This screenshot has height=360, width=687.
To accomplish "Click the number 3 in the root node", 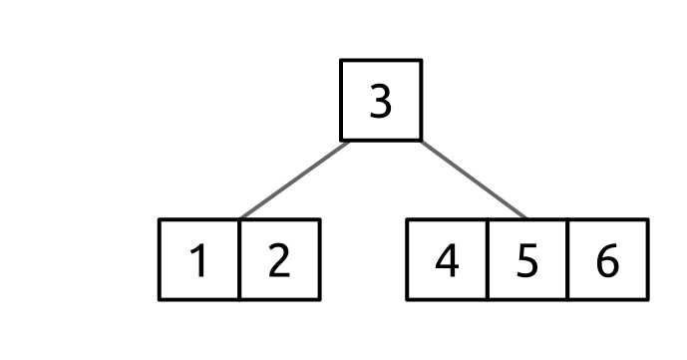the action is tap(381, 102).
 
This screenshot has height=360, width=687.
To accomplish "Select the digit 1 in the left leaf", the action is tap(199, 260).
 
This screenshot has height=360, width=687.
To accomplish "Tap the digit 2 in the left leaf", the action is tap(279, 260).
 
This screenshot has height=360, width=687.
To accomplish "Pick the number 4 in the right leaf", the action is tap(448, 260).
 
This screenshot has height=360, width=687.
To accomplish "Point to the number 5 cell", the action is tap(527, 260).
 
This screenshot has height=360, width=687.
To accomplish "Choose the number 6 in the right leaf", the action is tap(607, 260).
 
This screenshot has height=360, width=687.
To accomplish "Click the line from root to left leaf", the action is tap(295, 180).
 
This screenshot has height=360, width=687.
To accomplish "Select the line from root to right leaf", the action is tap(474, 180).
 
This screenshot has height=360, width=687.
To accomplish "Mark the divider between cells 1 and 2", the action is tap(239, 259).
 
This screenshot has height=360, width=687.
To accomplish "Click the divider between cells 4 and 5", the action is tap(488, 259).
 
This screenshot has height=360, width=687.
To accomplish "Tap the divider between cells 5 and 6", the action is tap(567, 259).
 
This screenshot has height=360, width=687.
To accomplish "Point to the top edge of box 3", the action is tap(381, 61).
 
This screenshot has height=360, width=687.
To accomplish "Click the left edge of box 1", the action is tap(160, 259).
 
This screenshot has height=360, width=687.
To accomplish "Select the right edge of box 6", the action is tap(647, 259).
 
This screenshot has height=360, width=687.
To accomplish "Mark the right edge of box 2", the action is tap(319, 259).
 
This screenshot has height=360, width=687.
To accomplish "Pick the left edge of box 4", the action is tap(408, 259).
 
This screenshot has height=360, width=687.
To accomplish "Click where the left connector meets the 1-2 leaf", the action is tap(240, 218).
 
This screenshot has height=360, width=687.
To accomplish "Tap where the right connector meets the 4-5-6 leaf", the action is tap(526, 218).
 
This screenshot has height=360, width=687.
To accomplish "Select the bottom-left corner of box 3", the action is tap(342, 140).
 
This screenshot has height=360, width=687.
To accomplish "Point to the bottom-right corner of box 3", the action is tap(421, 140).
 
